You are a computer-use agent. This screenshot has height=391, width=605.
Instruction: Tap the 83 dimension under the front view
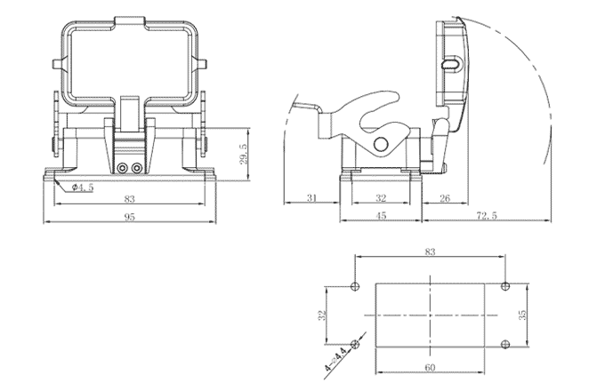[x=130, y=199]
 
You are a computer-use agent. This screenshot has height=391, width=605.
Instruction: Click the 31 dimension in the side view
[x=311, y=197]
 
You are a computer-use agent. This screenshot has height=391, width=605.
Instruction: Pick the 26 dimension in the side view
[x=445, y=197]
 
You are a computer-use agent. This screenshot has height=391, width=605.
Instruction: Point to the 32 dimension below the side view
[x=381, y=197]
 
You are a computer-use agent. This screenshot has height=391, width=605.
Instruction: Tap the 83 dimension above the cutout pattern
[x=431, y=252]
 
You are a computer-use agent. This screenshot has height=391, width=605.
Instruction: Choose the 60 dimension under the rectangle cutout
[x=431, y=366]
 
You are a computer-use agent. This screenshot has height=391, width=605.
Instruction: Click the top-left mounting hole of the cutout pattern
[x=355, y=286]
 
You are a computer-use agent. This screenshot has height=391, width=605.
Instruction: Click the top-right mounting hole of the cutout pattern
[x=505, y=286]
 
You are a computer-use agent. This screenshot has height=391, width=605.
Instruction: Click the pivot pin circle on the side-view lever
[x=382, y=145]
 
